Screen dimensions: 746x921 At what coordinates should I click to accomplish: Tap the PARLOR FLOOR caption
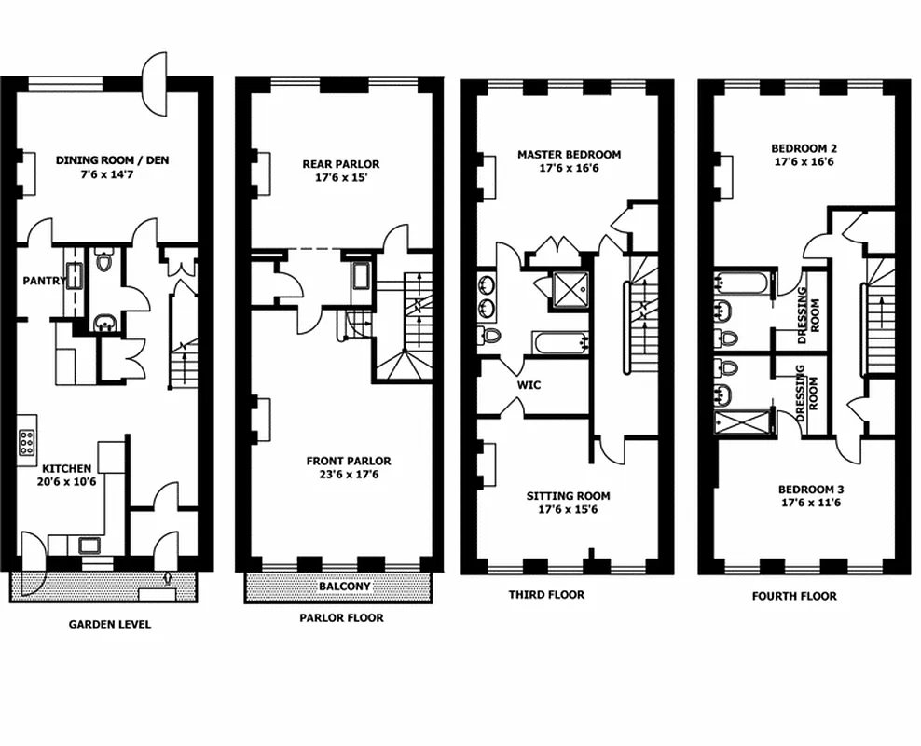(341, 617)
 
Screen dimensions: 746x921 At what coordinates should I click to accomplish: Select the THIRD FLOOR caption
(546, 594)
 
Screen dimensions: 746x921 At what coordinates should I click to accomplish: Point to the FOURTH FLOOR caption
(794, 596)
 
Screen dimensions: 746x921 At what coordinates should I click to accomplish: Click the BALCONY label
(344, 587)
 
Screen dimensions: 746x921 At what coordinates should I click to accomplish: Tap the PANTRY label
(44, 279)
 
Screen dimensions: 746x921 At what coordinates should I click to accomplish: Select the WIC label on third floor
(529, 384)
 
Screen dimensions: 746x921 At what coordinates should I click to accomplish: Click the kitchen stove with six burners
(28, 442)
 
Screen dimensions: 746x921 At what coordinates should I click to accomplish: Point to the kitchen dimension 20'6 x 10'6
(65, 482)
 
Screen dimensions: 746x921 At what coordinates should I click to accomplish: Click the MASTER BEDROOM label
(569, 155)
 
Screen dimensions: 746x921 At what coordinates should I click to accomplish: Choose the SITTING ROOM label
(568, 496)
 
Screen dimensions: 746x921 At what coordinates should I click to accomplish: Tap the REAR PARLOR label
(341, 164)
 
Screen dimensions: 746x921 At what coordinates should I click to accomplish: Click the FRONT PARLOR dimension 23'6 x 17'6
(349, 475)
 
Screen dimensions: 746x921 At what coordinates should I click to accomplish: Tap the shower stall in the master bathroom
(568, 288)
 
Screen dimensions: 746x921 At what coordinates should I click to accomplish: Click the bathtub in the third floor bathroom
(560, 342)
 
